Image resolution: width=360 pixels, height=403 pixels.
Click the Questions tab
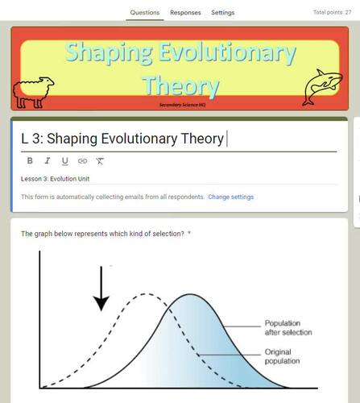tap(145, 13)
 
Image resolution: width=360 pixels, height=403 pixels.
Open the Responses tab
tap(185, 13)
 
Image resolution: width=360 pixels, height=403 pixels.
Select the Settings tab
tap(223, 13)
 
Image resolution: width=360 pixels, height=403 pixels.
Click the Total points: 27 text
tap(332, 13)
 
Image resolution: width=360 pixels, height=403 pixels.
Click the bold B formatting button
tap(30, 160)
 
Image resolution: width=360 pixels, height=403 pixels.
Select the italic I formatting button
tap(48, 160)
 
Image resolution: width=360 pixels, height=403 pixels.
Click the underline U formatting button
tap(65, 160)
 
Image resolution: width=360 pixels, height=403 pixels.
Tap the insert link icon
tap(82, 160)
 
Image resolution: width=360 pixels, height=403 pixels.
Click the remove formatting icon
tap(100, 160)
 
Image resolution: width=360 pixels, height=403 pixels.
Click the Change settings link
tap(230, 197)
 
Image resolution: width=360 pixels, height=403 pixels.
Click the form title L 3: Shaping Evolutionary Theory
tap(122, 139)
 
